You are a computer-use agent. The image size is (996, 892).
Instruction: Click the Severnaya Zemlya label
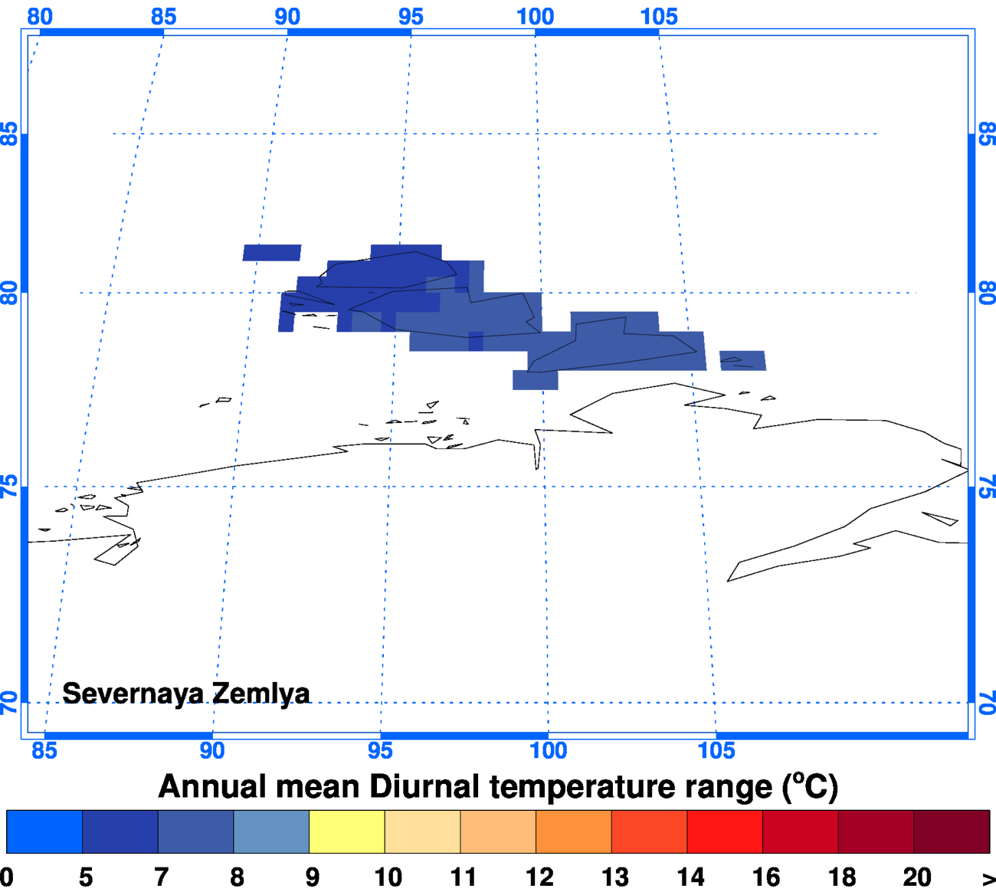coord(185,694)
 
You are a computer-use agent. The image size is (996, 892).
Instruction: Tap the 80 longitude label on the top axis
coord(40,16)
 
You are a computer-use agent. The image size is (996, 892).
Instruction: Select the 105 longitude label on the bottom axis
coord(716,750)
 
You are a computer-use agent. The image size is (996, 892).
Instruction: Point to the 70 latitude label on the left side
coord(8,702)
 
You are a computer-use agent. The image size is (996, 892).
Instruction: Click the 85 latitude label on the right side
coord(987,134)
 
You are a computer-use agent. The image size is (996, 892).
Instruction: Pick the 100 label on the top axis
coord(535,16)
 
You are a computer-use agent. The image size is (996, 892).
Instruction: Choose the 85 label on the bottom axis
coord(44,750)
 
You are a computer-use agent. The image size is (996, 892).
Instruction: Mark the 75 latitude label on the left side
coord(8,487)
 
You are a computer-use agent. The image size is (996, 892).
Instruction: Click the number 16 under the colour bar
coord(765,877)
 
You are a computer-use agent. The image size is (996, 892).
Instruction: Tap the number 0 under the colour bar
coord(7,877)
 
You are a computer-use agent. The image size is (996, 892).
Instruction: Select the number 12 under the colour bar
coord(539,877)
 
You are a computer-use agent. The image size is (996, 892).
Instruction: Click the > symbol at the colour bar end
coord(988,878)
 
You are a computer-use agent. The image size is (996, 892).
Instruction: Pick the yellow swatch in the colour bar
coord(346,831)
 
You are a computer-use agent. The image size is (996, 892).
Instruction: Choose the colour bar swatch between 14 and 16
coord(724,831)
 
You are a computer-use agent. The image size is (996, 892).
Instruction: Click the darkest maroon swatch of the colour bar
coord(952,831)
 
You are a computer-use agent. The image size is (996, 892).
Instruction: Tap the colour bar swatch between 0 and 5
coord(44,831)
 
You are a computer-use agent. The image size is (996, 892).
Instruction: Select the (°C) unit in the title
coord(810,787)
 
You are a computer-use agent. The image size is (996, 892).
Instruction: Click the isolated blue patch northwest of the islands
coord(271,253)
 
